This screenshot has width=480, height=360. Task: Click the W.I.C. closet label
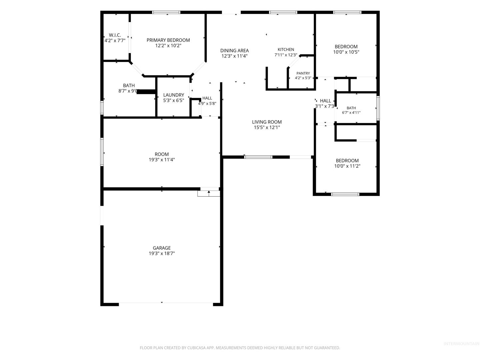pos(115,35)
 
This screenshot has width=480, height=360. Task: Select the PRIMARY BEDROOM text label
pos(168,40)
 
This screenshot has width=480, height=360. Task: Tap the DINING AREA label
pos(234,50)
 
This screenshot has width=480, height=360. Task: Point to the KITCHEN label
pos(286,50)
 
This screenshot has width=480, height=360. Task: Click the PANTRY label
pos(303,73)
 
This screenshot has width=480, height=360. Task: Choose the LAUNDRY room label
pos(174,95)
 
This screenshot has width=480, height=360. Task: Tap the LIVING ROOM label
pos(267,122)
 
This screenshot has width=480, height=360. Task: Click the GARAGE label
pos(162,248)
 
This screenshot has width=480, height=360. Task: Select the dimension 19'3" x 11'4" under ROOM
pos(162,160)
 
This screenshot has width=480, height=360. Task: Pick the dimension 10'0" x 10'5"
pos(346,52)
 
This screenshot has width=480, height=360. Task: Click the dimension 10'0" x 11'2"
pos(347,166)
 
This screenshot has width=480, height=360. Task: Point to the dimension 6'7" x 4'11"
pos(351,113)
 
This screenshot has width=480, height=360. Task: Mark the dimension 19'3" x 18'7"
pos(162,253)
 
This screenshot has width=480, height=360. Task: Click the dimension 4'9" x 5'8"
pos(207,103)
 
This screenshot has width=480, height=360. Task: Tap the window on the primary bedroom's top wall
pos(166,12)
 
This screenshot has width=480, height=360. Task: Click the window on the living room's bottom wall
pos(258,157)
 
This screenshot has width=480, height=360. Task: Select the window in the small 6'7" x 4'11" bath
pos(378,108)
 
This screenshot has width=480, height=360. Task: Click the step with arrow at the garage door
pos(209,193)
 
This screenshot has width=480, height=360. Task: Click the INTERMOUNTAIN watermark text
pos(461,344)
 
